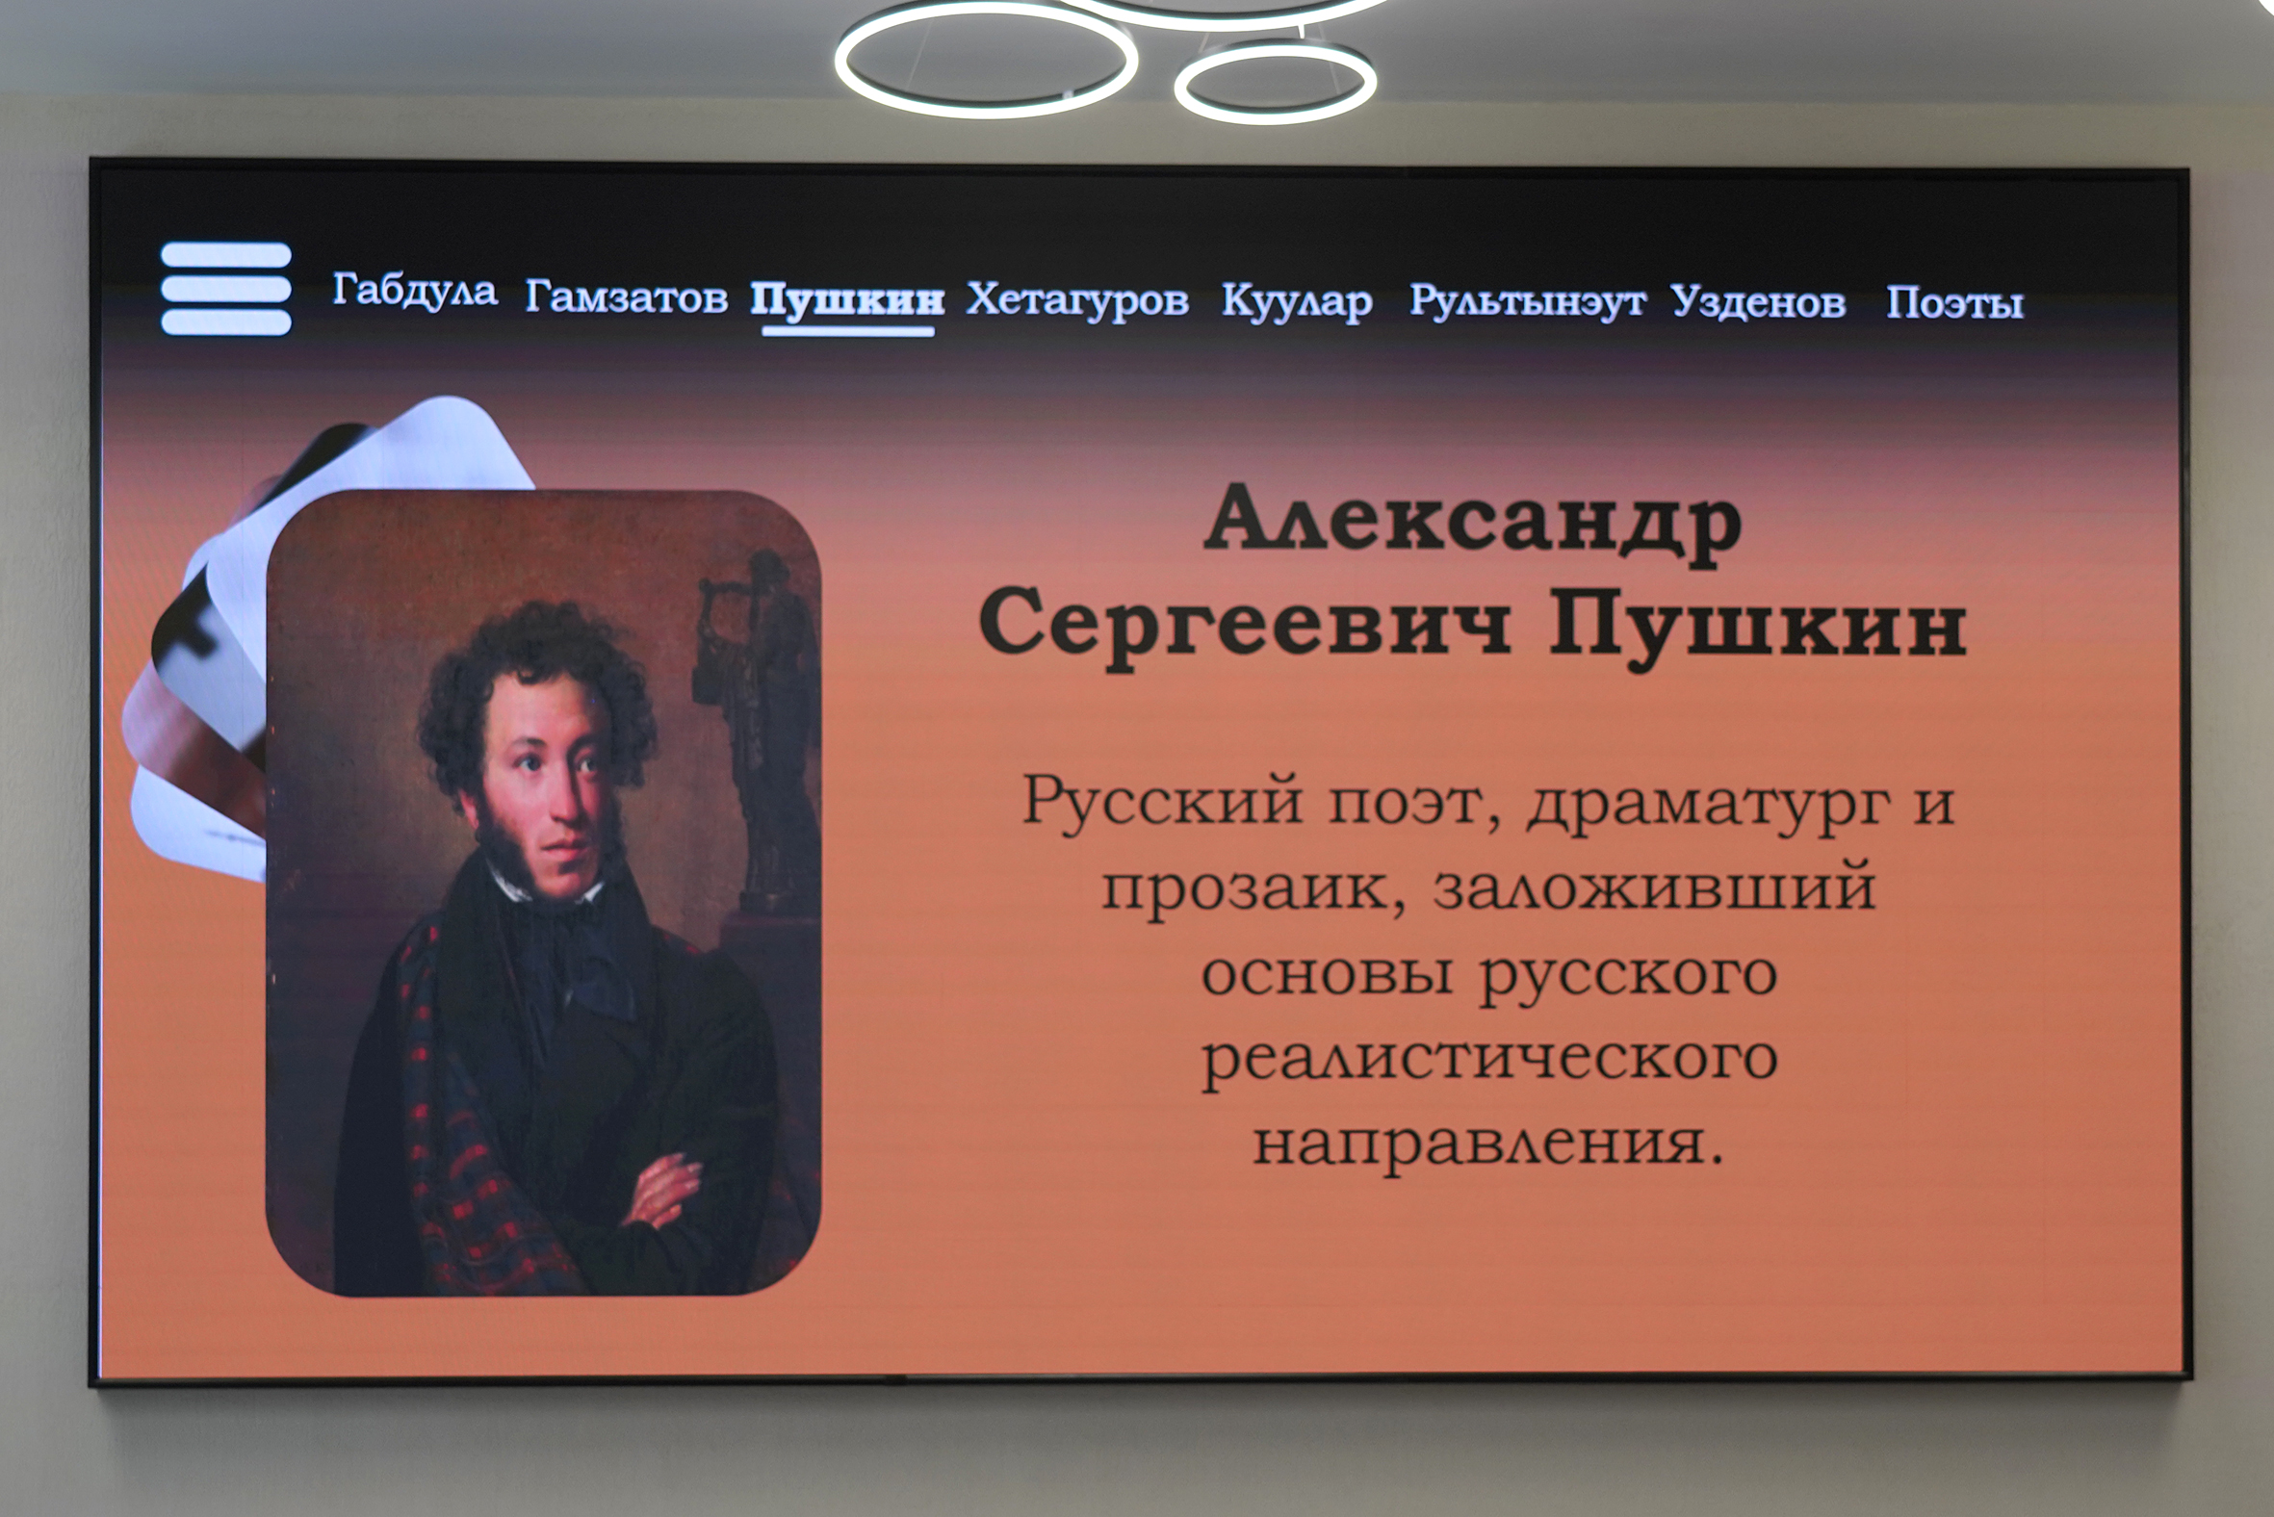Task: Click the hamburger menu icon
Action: point(225,289)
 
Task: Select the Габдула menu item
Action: point(415,290)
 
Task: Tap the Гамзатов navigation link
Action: point(626,296)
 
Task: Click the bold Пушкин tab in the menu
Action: point(847,300)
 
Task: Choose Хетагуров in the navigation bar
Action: point(1077,300)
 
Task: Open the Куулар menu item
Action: point(1297,302)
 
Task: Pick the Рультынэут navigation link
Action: point(1527,302)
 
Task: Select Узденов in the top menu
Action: point(1758,302)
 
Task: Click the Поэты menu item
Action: point(1954,303)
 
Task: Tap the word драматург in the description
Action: point(1708,805)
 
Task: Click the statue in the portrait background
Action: point(760,731)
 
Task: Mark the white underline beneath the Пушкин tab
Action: point(847,331)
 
